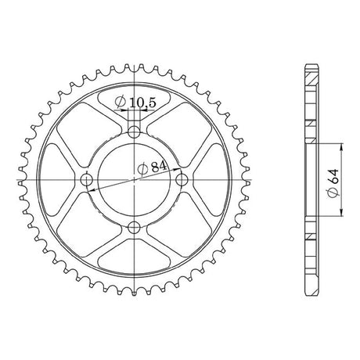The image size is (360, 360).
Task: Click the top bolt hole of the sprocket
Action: click(134, 132)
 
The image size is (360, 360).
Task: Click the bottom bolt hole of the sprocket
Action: click(134, 228)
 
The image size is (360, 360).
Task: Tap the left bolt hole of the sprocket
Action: click(86, 180)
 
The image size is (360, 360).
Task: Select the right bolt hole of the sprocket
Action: click(182, 180)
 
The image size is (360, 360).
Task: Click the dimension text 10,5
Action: click(142, 103)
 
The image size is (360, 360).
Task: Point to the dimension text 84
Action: click(159, 167)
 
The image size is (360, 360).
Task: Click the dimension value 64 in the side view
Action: click(334, 176)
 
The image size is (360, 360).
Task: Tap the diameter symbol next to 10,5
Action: click(121, 102)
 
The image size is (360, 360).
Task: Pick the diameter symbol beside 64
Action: click(334, 193)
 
